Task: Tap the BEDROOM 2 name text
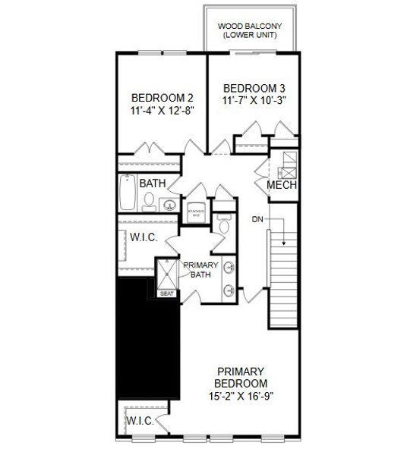(162, 98)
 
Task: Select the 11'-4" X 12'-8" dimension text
(162, 111)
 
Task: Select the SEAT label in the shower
(166, 293)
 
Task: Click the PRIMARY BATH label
(200, 269)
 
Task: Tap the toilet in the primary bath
(222, 227)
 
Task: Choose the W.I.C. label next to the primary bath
(144, 237)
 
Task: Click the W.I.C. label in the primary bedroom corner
(140, 419)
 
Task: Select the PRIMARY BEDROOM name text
(240, 377)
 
